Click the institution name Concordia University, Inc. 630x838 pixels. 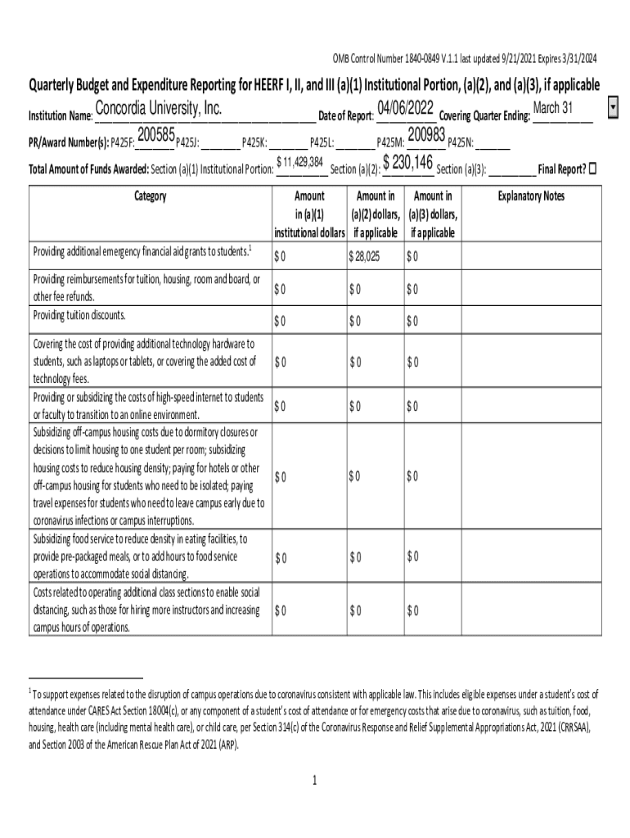tap(159, 110)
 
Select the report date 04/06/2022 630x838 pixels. tap(405, 109)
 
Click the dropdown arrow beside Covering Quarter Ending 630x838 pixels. tap(614, 108)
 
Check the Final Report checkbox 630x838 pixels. tap(593, 169)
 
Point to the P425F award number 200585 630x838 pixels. tap(155, 134)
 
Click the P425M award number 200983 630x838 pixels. tap(425, 134)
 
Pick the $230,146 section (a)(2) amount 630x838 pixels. tap(407, 161)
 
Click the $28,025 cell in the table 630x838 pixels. tap(364, 257)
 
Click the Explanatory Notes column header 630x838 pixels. tap(531, 196)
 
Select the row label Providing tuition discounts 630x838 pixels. tap(79, 316)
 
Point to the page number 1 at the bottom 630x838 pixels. tap(314, 781)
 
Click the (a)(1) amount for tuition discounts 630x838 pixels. tap(281, 320)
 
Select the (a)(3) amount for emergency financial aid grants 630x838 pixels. tap(412, 257)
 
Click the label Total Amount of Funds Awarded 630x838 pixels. tap(88, 169)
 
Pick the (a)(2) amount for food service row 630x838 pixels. tap(354, 558)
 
